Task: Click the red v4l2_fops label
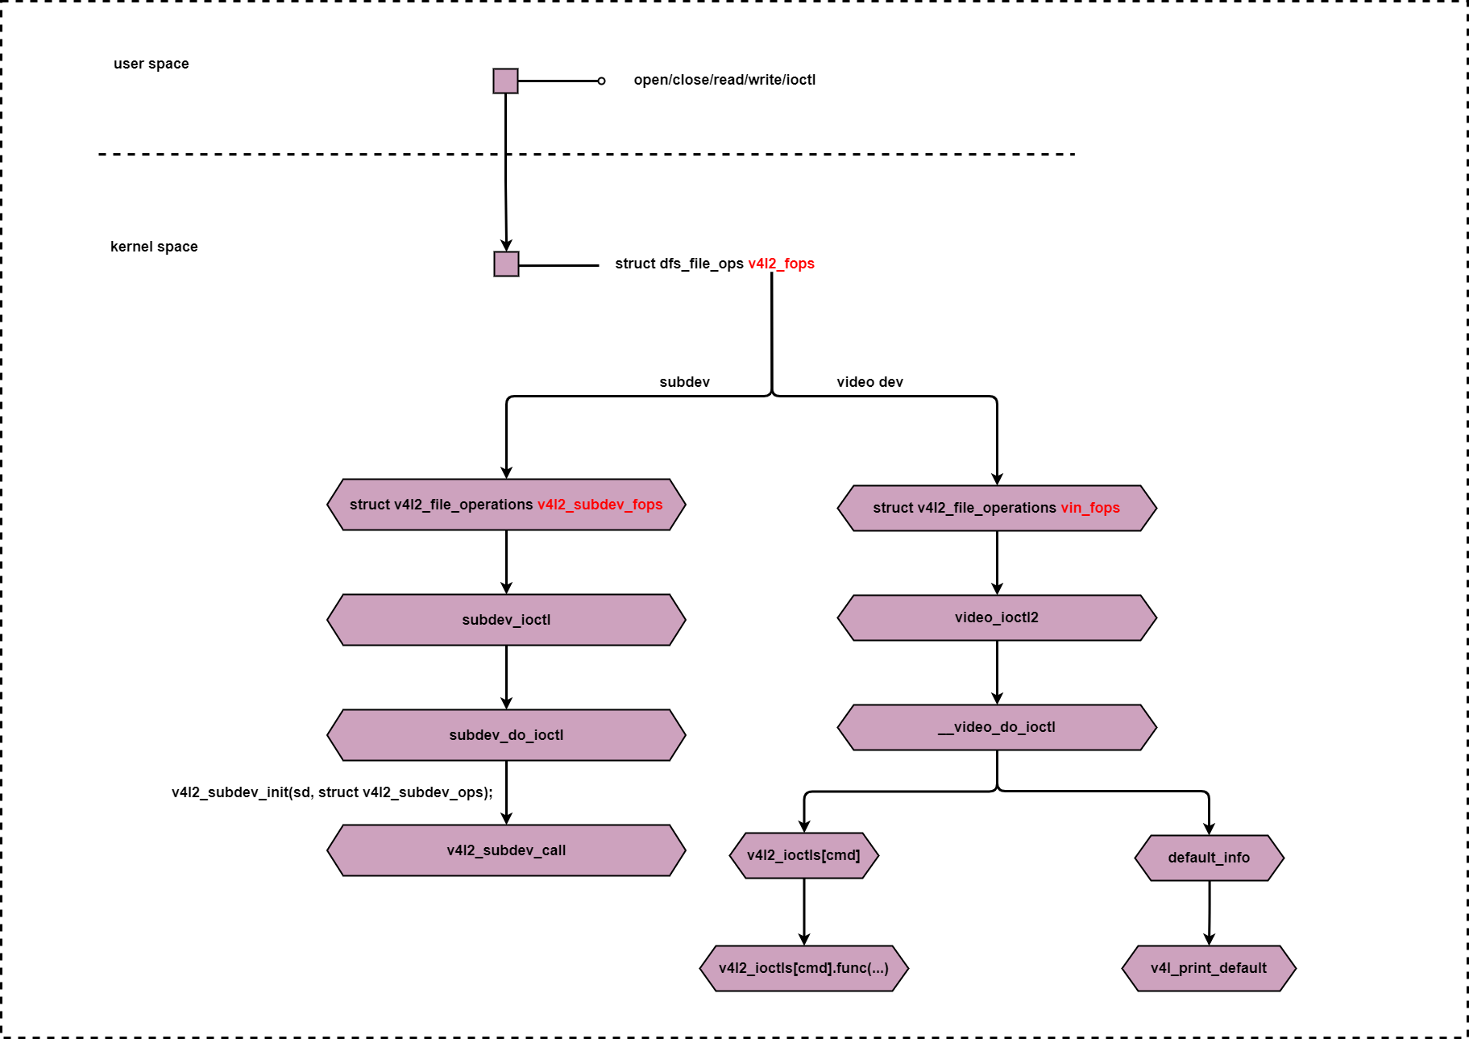pos(781,264)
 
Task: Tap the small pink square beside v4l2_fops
pos(506,264)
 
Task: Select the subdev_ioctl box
pos(506,620)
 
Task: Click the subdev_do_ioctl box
pos(506,735)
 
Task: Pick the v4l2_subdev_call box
pos(506,850)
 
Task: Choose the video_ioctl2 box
pos(997,617)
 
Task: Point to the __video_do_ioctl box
pos(997,727)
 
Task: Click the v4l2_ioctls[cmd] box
pos(803,855)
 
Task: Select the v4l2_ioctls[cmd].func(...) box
pos(803,968)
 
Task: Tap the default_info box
pos(1209,858)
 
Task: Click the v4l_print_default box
pos(1209,968)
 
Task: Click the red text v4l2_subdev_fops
pos(600,505)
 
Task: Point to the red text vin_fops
pos(1090,508)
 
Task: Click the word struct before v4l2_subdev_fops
pos(369,505)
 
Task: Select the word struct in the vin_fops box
pos(893,508)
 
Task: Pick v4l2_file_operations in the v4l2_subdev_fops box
pos(463,505)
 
